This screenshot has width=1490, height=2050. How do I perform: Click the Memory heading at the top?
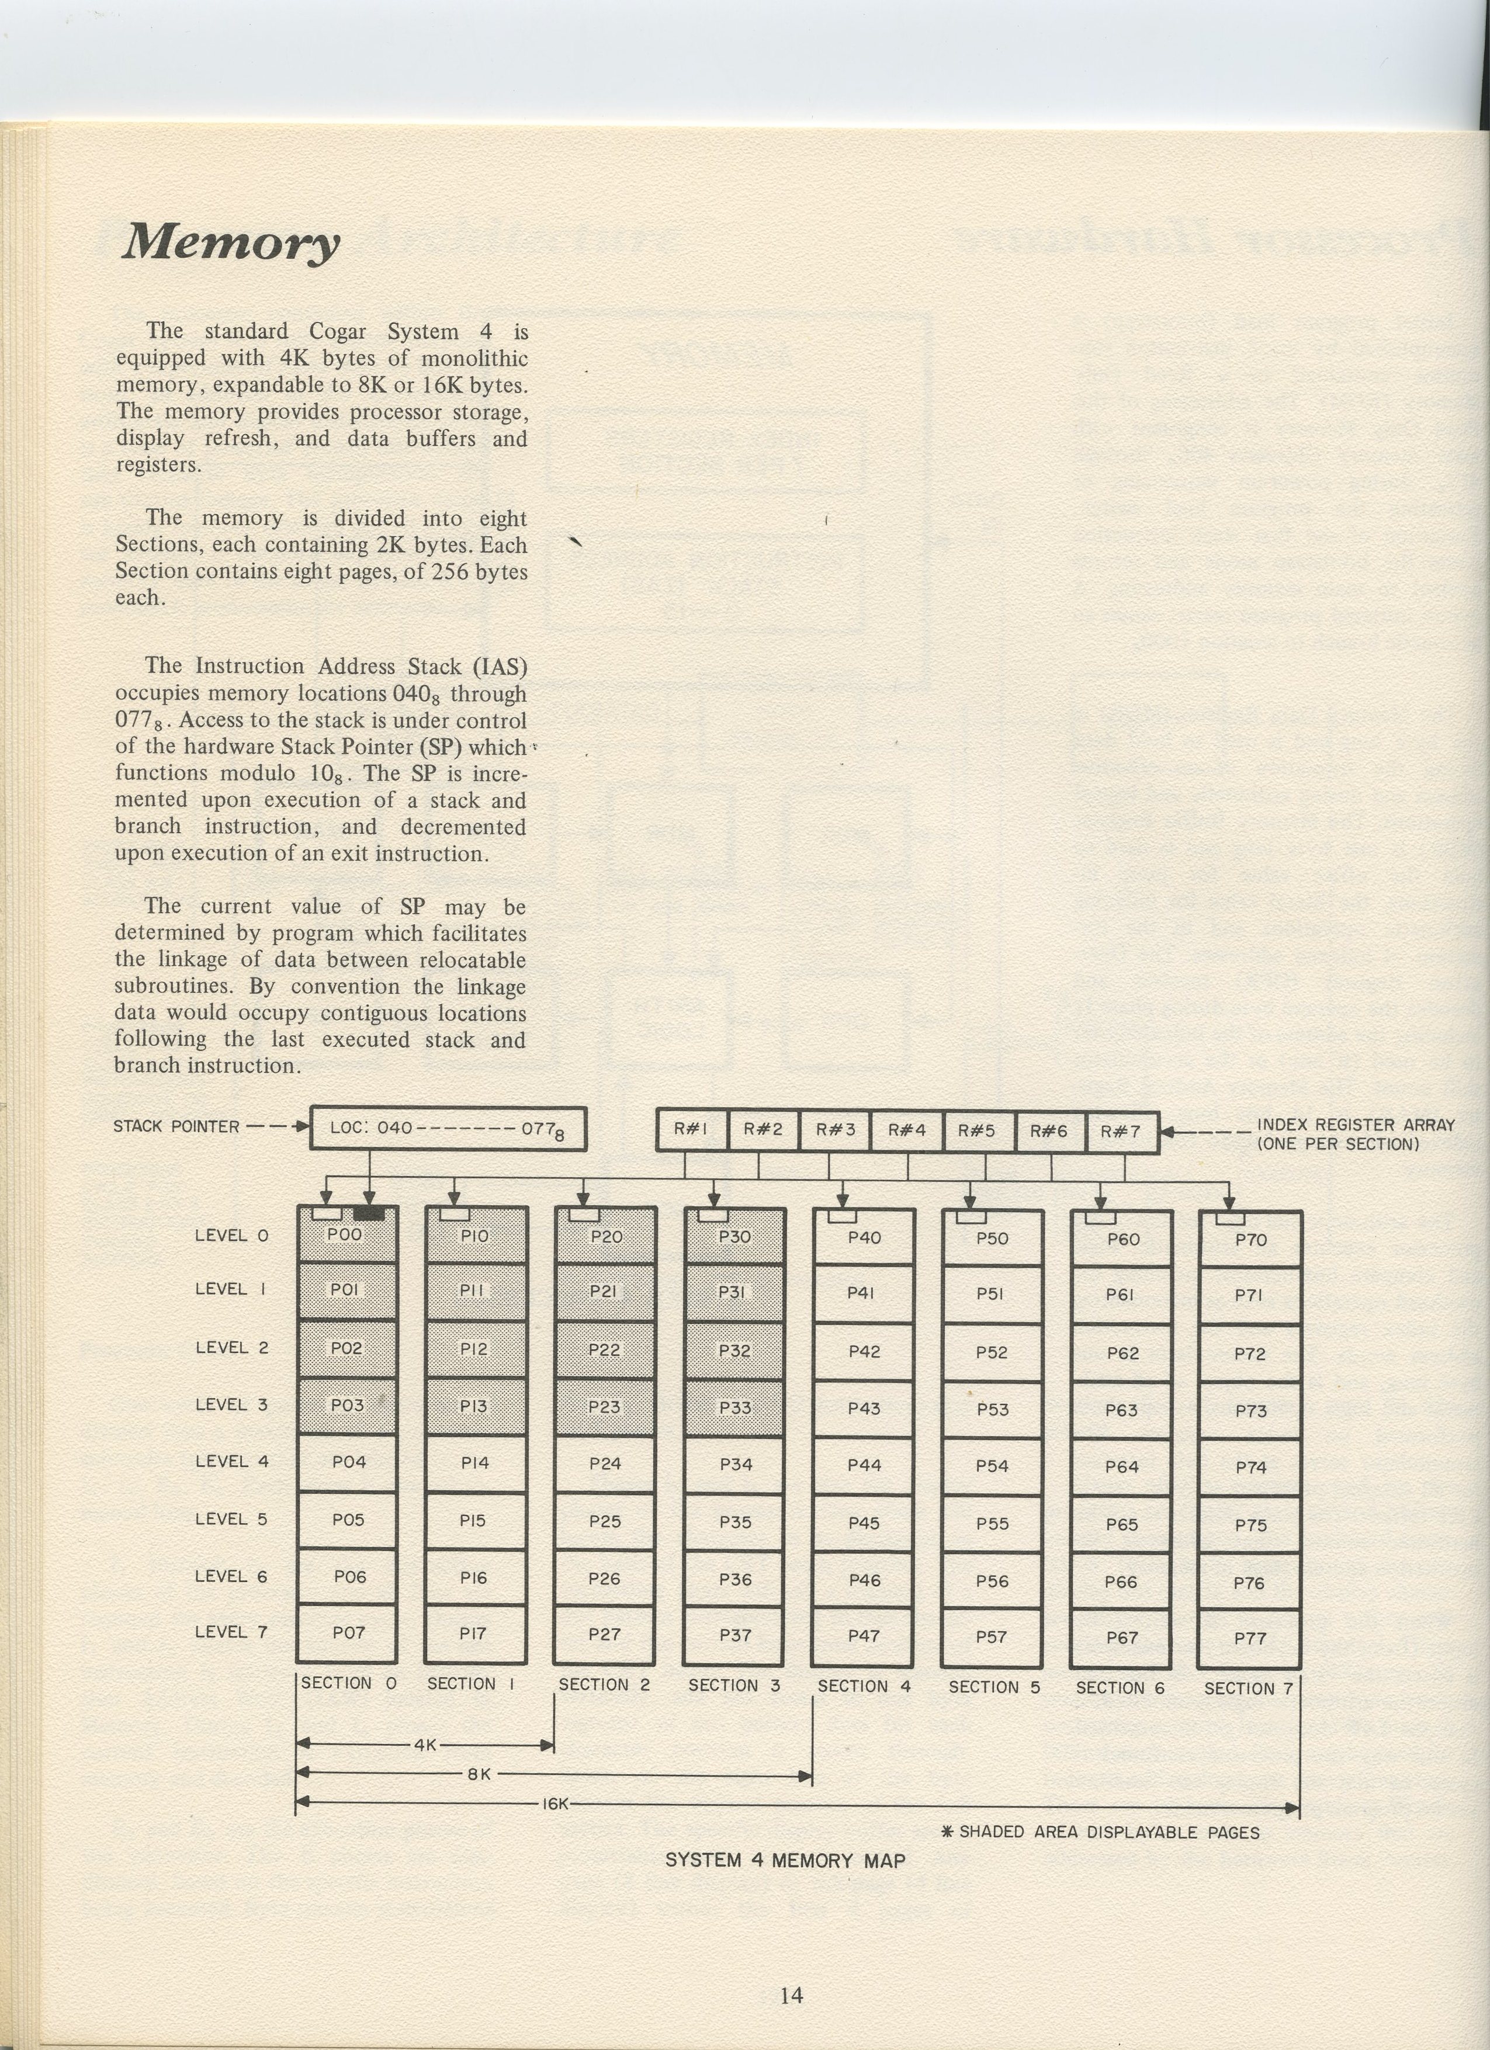[231, 242]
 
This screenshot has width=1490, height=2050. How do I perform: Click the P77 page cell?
[1249, 1638]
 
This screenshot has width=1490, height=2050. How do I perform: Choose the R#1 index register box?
[691, 1130]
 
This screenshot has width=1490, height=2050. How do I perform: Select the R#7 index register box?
[1121, 1132]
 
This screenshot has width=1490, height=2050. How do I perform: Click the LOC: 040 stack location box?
[448, 1129]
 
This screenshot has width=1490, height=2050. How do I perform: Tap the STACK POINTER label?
[176, 1127]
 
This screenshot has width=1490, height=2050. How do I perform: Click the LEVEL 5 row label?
[231, 1520]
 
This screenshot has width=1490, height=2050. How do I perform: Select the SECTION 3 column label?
[734, 1685]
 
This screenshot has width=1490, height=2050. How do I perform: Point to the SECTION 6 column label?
[1120, 1688]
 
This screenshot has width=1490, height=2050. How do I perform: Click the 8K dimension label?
[479, 1774]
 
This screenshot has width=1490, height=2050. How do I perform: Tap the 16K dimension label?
[555, 1804]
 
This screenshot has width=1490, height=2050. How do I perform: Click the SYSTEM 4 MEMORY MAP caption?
[785, 1860]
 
